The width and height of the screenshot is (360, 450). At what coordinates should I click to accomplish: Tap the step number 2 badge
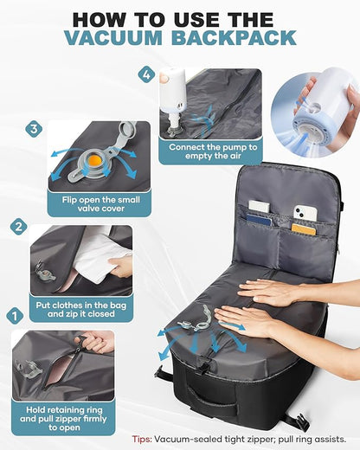point(19,228)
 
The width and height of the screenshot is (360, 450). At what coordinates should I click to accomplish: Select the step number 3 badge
point(35,129)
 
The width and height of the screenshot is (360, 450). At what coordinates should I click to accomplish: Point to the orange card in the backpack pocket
point(304,229)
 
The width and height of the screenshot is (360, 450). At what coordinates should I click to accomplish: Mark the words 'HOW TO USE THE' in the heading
point(180,16)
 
